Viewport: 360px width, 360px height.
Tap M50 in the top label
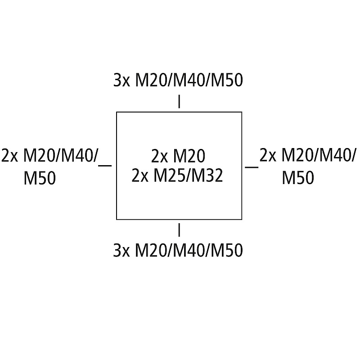coord(227,81)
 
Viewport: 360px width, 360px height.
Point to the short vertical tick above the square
coord(180,102)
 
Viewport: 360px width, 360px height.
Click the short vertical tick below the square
coord(180,229)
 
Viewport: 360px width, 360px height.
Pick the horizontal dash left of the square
coord(104,166)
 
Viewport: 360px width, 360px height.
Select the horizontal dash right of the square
coord(252,167)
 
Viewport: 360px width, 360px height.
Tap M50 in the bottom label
coord(227,250)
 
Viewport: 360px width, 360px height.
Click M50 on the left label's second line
coord(40,179)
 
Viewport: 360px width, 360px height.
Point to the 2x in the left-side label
coord(9,156)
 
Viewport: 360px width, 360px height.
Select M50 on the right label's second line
coord(298,178)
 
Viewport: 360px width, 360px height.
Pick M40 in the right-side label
coord(337,156)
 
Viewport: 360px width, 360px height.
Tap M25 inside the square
coord(170,175)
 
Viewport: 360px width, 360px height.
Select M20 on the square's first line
coord(189,156)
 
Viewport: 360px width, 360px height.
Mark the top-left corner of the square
coord(117,112)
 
